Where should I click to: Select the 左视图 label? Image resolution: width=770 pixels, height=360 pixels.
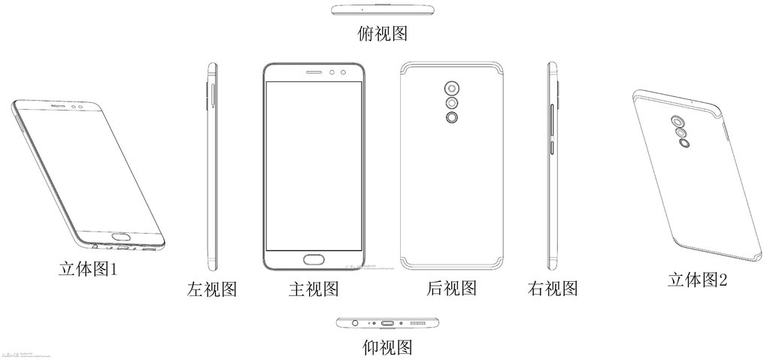pyautogui.click(x=212, y=289)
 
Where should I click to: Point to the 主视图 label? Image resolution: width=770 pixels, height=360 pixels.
pyautogui.click(x=314, y=289)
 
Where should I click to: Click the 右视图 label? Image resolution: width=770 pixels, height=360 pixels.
pyautogui.click(x=553, y=288)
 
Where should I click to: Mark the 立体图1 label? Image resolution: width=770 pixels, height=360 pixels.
pyautogui.click(x=89, y=268)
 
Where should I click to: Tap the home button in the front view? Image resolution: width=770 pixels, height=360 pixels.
pyautogui.click(x=314, y=261)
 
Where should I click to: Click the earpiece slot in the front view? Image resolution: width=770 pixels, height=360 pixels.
pyautogui.click(x=314, y=73)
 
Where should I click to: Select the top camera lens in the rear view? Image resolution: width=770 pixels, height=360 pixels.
pyautogui.click(x=451, y=85)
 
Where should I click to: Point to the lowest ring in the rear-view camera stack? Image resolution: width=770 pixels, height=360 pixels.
pyautogui.click(x=451, y=118)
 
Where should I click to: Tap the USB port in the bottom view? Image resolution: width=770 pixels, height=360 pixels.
pyautogui.click(x=389, y=323)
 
